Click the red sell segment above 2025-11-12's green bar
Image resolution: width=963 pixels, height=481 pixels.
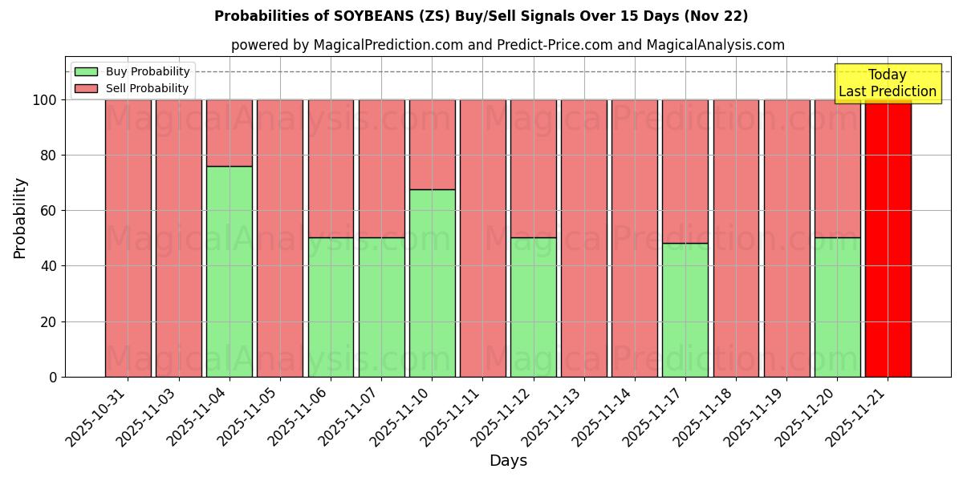[x=533, y=168]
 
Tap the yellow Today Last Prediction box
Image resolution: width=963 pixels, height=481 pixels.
[x=888, y=83]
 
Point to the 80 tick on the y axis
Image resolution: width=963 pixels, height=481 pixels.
[x=49, y=156]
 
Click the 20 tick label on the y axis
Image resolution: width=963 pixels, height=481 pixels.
[x=49, y=321]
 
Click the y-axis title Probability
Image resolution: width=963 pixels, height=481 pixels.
[x=20, y=217]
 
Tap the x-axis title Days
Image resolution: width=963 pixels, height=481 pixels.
[x=508, y=461]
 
